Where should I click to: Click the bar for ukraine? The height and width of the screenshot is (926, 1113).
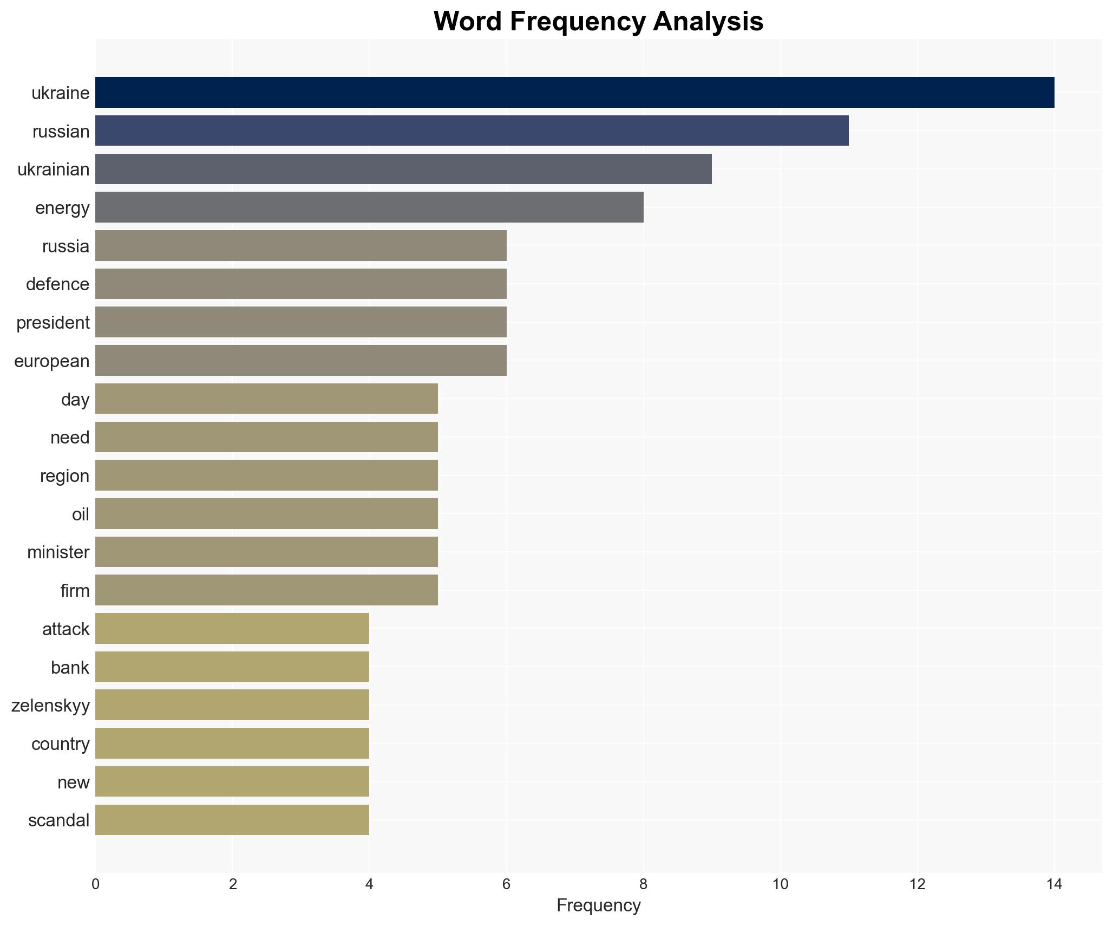click(574, 93)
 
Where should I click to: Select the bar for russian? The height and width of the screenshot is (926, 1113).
click(472, 131)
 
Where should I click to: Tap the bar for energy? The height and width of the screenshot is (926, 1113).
click(369, 207)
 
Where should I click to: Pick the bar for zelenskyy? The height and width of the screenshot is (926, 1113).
click(232, 705)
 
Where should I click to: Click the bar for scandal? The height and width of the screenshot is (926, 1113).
click(232, 820)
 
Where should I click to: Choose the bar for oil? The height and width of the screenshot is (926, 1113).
click(266, 513)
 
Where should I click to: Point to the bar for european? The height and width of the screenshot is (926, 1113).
click(300, 361)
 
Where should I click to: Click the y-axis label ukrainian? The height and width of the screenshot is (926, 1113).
click(54, 169)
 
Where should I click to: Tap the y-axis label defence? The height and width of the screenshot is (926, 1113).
click(57, 284)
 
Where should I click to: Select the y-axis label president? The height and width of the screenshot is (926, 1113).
click(53, 323)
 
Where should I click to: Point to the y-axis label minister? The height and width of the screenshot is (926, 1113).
click(58, 552)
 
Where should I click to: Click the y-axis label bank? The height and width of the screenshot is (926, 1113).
click(70, 667)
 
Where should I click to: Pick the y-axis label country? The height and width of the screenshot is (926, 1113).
click(60, 744)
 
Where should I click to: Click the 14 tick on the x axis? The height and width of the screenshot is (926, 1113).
click(1053, 884)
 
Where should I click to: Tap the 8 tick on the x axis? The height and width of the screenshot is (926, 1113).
click(643, 884)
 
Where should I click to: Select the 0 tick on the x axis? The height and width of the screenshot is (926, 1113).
click(96, 884)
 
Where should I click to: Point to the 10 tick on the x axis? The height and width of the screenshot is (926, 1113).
click(780, 884)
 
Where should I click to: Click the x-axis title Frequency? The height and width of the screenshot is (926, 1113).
click(598, 905)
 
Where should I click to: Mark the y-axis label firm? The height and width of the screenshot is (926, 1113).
click(75, 591)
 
